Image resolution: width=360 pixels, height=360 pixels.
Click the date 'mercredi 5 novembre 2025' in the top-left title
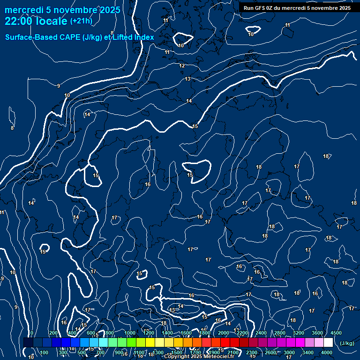click(x=62, y=10)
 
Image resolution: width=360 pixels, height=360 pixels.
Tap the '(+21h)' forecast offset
click(x=80, y=21)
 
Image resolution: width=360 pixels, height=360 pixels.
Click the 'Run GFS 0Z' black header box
click(x=297, y=8)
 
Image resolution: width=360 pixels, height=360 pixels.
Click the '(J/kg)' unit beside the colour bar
click(x=346, y=344)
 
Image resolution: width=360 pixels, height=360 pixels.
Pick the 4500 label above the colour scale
click(x=336, y=333)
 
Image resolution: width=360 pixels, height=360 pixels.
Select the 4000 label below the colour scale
click(x=327, y=352)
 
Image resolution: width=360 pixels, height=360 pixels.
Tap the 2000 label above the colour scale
click(x=224, y=333)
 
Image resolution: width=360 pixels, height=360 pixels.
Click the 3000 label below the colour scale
click(x=289, y=352)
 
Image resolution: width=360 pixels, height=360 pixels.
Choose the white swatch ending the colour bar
click(x=328, y=343)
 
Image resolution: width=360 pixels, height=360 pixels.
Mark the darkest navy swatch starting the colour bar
click(x=28, y=343)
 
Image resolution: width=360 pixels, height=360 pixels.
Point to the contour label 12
click(x=182, y=66)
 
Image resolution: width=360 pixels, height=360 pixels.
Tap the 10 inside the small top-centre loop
click(x=181, y=45)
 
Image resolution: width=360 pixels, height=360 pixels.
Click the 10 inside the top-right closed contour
click(x=251, y=34)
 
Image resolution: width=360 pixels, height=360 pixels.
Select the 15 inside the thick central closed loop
click(x=190, y=175)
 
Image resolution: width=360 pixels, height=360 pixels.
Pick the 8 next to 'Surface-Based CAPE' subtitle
click(x=112, y=33)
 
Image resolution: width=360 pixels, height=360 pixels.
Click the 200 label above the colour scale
click(x=53, y=333)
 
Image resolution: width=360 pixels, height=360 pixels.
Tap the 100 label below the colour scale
click(x=44, y=352)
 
